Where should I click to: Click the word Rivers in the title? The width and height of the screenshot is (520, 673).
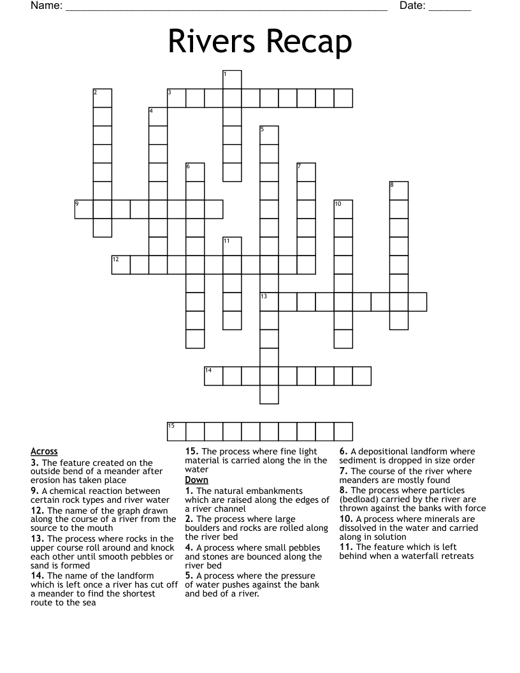pos(212,43)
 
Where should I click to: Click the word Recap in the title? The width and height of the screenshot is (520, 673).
pos(307,43)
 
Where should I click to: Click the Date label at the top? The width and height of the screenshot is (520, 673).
pos(412,6)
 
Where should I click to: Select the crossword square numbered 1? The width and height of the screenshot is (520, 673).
pos(232,80)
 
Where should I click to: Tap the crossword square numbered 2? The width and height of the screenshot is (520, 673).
pos(103,98)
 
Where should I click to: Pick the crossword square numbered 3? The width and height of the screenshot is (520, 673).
pos(177,98)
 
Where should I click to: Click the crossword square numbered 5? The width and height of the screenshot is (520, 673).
pos(269,135)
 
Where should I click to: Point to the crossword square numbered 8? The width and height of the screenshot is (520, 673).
pos(398,191)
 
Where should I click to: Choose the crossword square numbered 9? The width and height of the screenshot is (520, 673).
pos(84,209)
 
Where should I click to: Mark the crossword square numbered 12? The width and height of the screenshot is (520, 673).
pos(121,264)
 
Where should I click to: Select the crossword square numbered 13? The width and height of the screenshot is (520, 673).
pos(269,301)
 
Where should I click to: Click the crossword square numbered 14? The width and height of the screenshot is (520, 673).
pos(213,375)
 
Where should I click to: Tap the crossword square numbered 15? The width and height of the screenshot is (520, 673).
pos(177,431)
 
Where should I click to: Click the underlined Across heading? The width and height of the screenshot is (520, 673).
pos(44,451)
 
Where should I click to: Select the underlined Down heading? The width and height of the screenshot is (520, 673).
pos(196,479)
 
